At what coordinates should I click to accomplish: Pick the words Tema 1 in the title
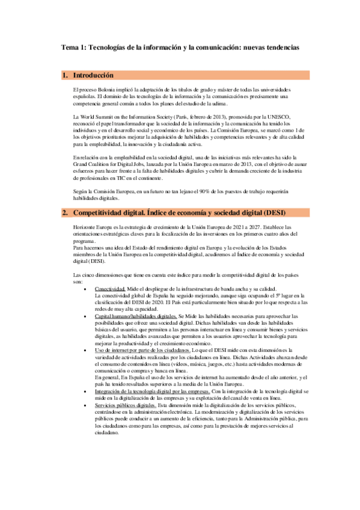(76, 47)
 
